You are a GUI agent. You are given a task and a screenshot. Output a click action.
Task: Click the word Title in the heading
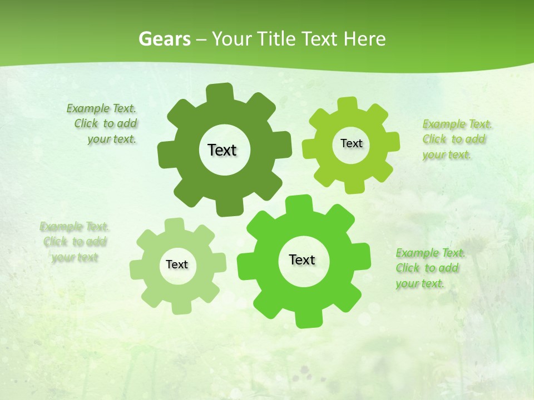coord(277,39)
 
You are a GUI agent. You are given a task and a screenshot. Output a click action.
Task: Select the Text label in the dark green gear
coord(222,150)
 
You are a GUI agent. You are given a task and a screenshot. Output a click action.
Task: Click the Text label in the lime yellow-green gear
coord(351,143)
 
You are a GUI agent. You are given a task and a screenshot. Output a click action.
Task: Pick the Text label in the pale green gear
coord(177,265)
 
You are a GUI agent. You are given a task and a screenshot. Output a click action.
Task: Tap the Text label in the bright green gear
coord(302,260)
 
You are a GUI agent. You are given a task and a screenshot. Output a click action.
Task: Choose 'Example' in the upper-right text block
coord(444,124)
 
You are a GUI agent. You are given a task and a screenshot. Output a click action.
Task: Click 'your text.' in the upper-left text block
coord(111,139)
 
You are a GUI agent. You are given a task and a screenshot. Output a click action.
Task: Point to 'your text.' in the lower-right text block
coord(420,284)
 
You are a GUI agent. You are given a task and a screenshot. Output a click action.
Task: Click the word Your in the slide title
coord(233,39)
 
